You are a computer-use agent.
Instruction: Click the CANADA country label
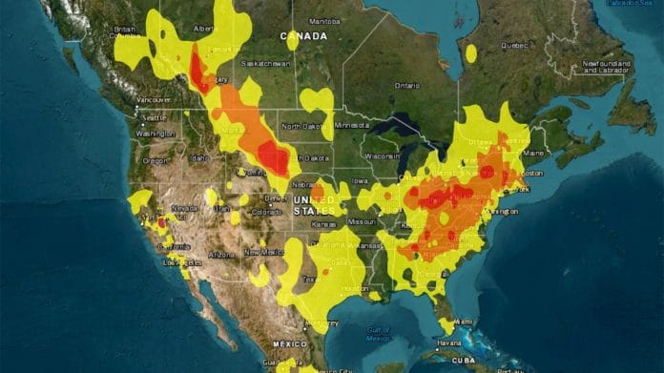pyautogui.click(x=302, y=35)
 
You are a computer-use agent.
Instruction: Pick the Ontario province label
pyautogui.click(x=406, y=85)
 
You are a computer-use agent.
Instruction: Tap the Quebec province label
pyautogui.click(x=514, y=44)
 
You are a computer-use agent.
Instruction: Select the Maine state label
pyautogui.click(x=533, y=153)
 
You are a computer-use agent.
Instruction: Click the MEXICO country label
pyautogui.click(x=289, y=342)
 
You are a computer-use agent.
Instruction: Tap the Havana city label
pyautogui.click(x=447, y=343)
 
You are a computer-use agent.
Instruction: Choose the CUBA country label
pyautogui.click(x=490, y=358)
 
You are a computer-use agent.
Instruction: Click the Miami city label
pyautogui.click(x=465, y=321)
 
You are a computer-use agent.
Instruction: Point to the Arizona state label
pyautogui.click(x=220, y=255)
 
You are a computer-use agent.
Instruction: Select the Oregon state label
pyautogui.click(x=156, y=160)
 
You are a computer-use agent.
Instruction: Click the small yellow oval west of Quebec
pyautogui.click(x=470, y=53)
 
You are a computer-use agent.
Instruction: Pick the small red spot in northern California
pyautogui.click(x=161, y=222)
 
